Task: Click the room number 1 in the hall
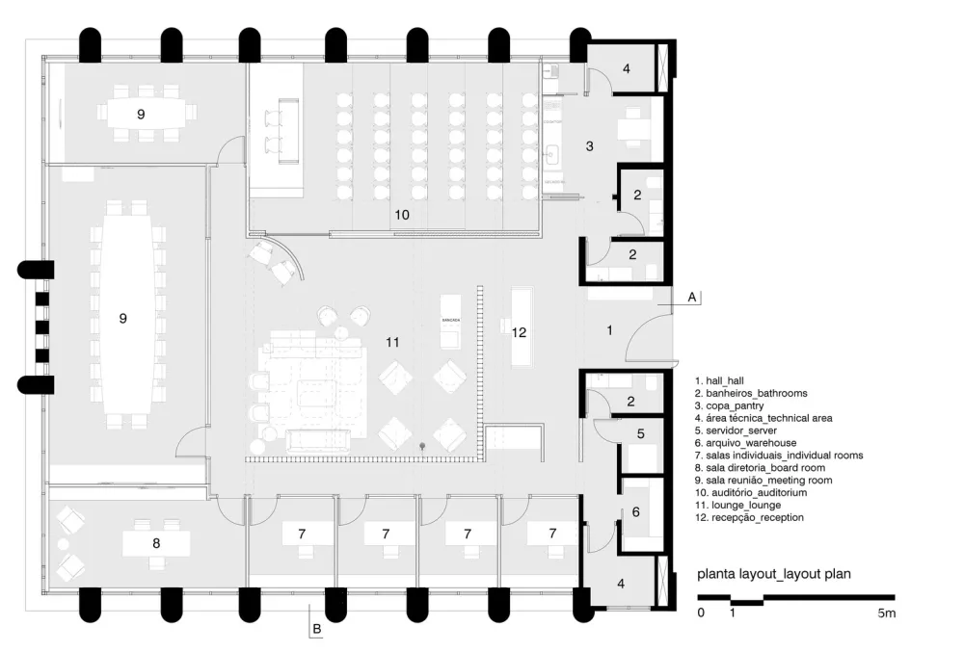click(x=608, y=330)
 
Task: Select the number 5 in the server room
click(x=640, y=434)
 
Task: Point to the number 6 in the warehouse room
click(x=635, y=512)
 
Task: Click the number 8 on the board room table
click(x=156, y=543)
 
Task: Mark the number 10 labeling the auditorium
click(x=402, y=215)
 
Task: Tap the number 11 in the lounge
click(x=392, y=342)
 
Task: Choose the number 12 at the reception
click(x=519, y=332)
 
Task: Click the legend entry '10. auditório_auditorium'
click(x=751, y=492)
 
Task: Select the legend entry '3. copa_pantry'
click(x=736, y=405)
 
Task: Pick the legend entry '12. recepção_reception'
click(x=748, y=517)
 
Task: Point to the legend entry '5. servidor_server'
click(x=741, y=430)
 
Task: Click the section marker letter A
click(x=692, y=298)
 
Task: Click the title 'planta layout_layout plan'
click(x=774, y=575)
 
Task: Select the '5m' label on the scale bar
click(x=887, y=613)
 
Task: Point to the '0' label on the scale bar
click(x=701, y=613)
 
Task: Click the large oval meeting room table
click(x=123, y=317)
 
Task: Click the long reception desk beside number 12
click(x=523, y=326)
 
